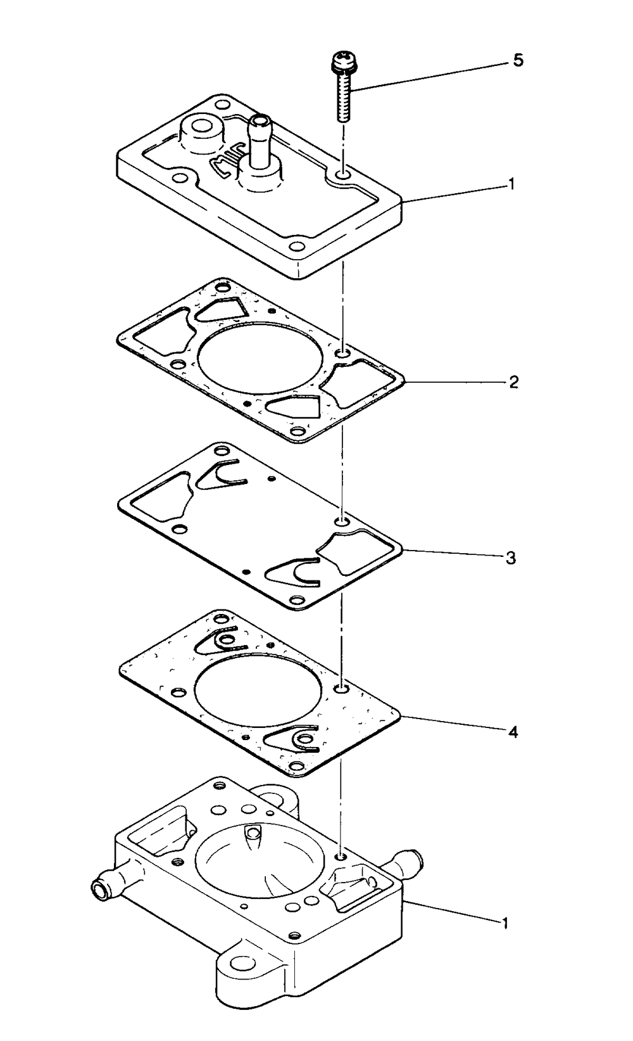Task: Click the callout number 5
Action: pyautogui.click(x=518, y=61)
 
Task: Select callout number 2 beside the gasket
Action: pyautogui.click(x=514, y=382)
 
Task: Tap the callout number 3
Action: pyautogui.click(x=511, y=558)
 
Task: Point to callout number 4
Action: pyautogui.click(x=513, y=732)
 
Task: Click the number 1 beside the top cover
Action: pyautogui.click(x=511, y=184)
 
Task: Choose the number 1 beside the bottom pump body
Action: pyautogui.click(x=505, y=923)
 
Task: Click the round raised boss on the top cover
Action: pyautogui.click(x=202, y=129)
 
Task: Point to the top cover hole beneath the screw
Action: pyautogui.click(x=342, y=173)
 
